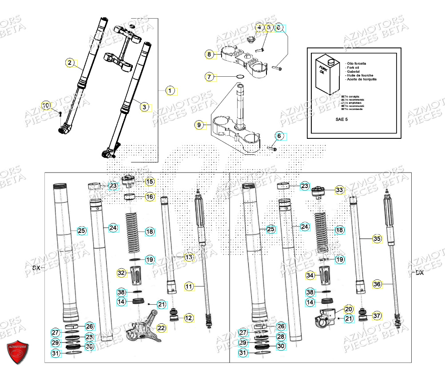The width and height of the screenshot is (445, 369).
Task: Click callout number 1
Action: pyautogui.click(x=169, y=91)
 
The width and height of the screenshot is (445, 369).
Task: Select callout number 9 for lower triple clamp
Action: pyautogui.click(x=199, y=126)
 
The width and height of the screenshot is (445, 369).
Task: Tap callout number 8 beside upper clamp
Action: pyautogui.click(x=209, y=55)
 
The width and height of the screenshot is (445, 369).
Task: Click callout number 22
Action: pyautogui.click(x=160, y=328)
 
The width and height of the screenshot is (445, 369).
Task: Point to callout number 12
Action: pyautogui.click(x=189, y=318)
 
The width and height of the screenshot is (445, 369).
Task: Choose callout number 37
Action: pyautogui.click(x=377, y=315)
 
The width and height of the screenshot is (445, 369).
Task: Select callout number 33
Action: pyautogui.click(x=339, y=190)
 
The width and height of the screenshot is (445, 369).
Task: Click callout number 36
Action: pyautogui.click(x=377, y=284)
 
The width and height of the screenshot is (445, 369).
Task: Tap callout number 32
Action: pyautogui.click(x=121, y=273)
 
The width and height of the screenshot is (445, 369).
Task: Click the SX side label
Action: pyautogui.click(x=36, y=267)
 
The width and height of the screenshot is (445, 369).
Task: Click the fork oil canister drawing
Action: pyautogui.click(x=328, y=75)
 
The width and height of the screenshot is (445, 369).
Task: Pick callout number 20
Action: pyautogui.click(x=348, y=309)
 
